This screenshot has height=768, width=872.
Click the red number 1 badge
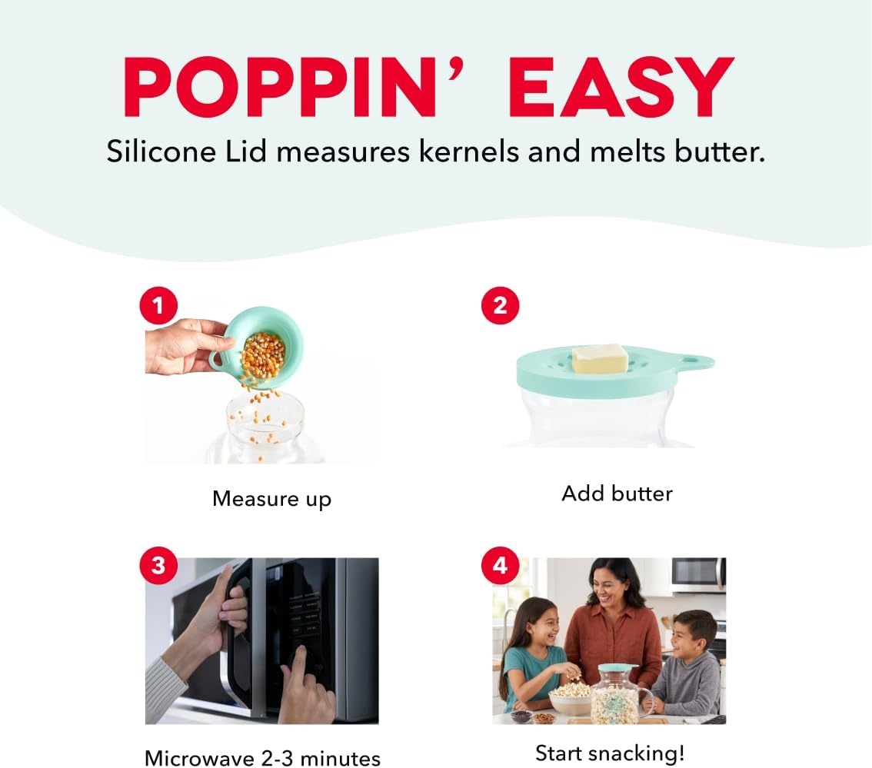(158, 305)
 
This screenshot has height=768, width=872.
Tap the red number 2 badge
(500, 305)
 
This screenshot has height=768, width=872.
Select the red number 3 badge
(158, 565)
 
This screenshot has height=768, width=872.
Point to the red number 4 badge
(500, 565)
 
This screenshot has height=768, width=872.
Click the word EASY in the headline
(621, 87)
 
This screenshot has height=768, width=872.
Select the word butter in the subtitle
(721, 151)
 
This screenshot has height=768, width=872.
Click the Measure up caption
(272, 499)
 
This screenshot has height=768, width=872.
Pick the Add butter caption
(617, 494)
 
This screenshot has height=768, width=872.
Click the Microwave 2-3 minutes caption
(262, 758)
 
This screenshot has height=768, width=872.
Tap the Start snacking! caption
(610, 753)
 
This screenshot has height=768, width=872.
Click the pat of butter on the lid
(601, 359)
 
